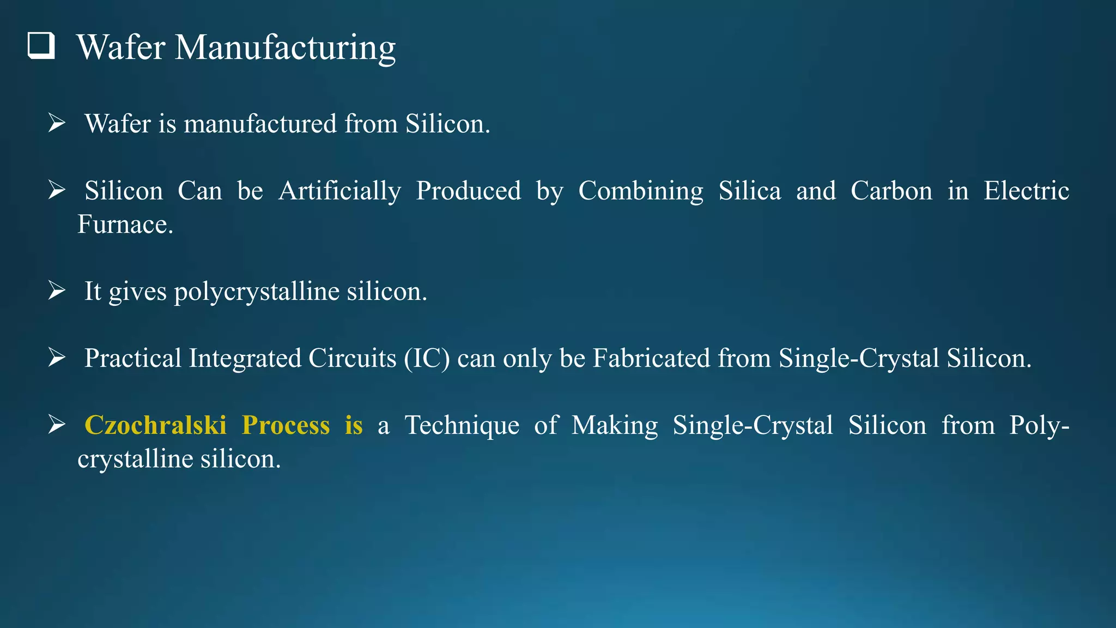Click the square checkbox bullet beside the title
pos(41,46)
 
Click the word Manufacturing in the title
pos(285,48)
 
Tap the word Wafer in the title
pos(121,47)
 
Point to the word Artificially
pos(339,191)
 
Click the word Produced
pos(469,191)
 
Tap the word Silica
pos(749,191)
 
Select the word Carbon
pos(891,191)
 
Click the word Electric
pos(1026,191)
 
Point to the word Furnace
pos(125,225)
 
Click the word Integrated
pos(245,359)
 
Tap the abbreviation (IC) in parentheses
pos(427,359)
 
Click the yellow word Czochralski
pos(155,425)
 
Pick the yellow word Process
pos(286,425)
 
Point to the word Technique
pos(462,426)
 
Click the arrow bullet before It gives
pos(57,291)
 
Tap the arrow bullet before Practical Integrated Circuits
pos(57,358)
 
